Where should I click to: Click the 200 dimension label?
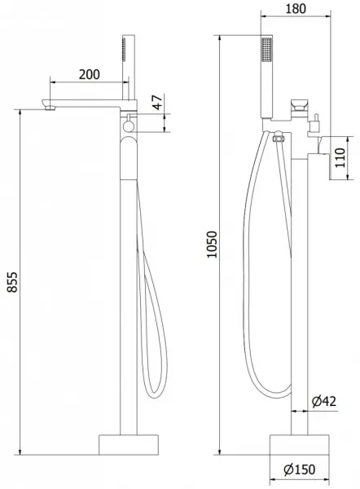coord(89,74)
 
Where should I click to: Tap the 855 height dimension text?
coord(12,282)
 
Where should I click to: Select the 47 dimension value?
coord(158,103)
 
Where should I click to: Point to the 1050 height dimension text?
coord(212,244)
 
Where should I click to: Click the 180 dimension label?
coord(296,9)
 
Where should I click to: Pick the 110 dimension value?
coord(340,157)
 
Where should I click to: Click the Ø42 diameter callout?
coord(324,401)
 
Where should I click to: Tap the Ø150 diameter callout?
coord(299,469)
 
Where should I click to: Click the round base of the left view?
coord(129,445)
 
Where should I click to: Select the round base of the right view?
coord(299,445)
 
